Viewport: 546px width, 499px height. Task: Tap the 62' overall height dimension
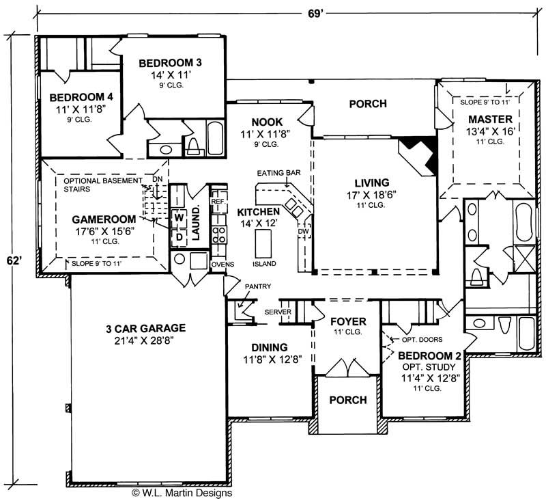(12, 260)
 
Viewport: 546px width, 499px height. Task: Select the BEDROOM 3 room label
(170, 64)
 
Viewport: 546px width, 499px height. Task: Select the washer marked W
(179, 218)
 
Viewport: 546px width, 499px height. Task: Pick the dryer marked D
(179, 237)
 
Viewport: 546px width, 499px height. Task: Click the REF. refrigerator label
(218, 202)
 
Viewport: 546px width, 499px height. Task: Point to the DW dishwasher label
(303, 232)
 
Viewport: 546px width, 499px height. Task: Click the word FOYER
(348, 321)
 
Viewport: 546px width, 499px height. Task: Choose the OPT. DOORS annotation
(423, 340)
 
